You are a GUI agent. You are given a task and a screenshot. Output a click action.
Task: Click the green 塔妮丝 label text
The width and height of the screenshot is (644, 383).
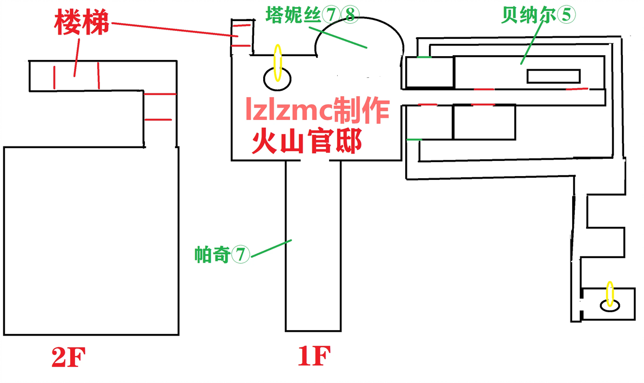click(293, 15)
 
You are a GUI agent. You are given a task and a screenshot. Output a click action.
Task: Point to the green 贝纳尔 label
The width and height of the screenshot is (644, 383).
click(528, 15)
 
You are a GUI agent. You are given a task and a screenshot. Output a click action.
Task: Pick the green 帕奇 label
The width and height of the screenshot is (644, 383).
click(212, 254)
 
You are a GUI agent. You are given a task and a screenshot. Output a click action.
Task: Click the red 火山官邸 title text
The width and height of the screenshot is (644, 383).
click(307, 141)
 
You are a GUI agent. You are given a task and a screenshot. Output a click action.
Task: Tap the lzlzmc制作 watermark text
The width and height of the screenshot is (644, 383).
click(317, 110)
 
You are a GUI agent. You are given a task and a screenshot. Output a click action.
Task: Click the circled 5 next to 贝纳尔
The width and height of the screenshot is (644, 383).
click(566, 15)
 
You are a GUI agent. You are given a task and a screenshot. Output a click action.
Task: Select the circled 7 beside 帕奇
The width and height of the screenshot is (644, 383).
click(240, 254)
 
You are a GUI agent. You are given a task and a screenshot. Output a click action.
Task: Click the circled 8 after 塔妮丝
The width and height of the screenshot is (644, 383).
click(350, 15)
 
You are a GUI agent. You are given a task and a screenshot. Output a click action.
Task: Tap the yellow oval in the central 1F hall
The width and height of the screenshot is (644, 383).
click(278, 63)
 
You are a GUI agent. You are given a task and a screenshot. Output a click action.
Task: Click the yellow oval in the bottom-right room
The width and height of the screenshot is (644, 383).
click(611, 294)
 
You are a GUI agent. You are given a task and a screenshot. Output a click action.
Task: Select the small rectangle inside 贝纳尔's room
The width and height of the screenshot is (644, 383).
click(554, 76)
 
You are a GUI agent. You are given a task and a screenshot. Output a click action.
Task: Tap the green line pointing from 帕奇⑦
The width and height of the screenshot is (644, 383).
click(271, 249)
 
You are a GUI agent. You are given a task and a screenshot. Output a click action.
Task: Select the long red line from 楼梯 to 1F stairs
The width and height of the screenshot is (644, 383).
click(175, 30)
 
